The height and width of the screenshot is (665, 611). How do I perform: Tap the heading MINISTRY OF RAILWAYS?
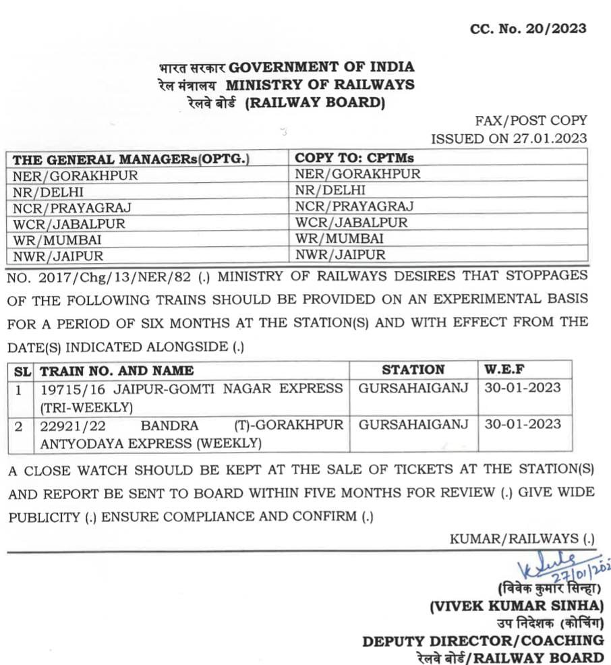[320, 85]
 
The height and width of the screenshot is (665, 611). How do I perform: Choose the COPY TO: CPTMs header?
[354, 158]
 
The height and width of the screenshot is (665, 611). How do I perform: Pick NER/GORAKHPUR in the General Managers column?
[75, 175]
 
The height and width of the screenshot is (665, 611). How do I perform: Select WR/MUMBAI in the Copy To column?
[339, 239]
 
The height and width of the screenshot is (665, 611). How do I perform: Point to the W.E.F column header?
[505, 370]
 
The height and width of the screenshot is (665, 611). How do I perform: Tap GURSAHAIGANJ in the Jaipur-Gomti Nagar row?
[413, 388]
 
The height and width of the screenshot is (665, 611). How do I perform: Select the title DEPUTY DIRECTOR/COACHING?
[483, 641]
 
